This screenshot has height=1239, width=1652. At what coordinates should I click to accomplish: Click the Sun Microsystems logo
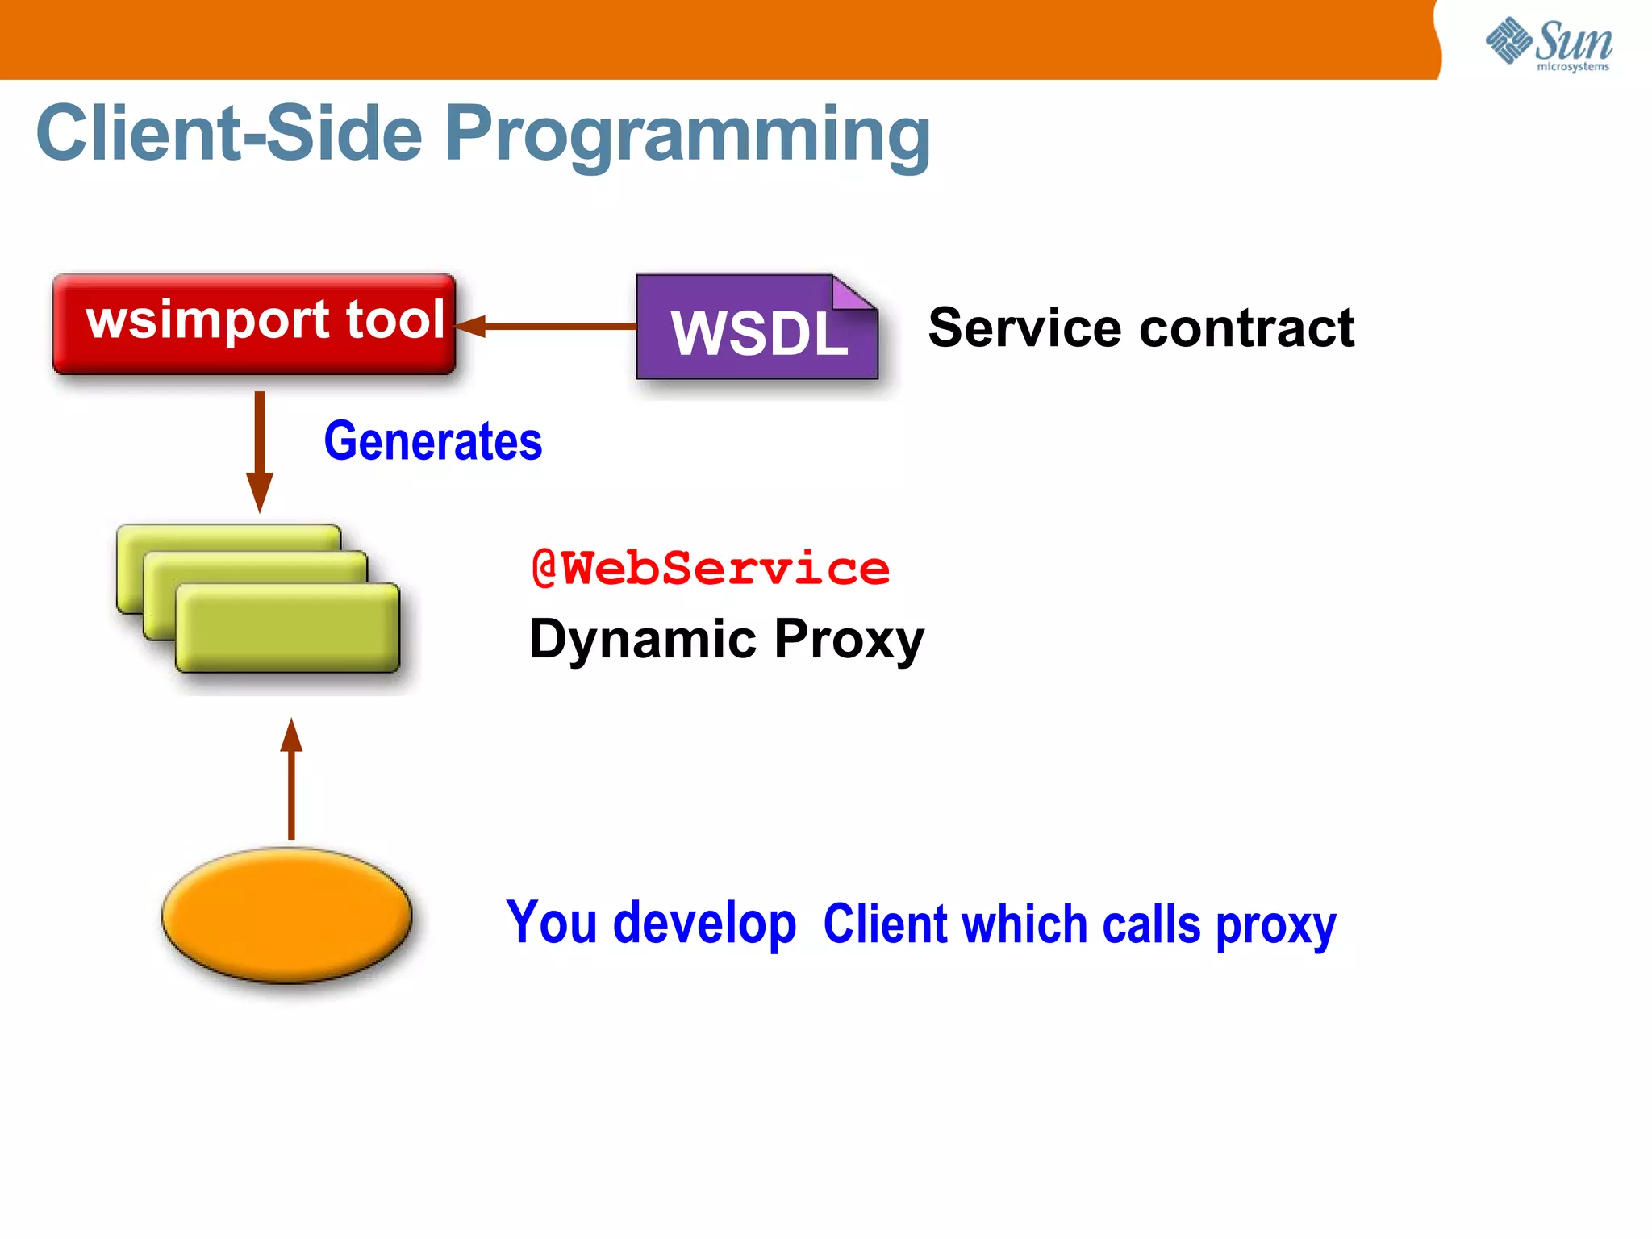coord(1549,44)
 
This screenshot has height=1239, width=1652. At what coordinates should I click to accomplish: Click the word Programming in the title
coord(687,136)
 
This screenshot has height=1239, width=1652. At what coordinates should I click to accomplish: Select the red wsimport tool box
coord(254,323)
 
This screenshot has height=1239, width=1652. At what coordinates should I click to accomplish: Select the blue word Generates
coord(433,441)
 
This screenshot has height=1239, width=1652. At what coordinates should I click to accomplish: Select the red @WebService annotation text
coord(710,569)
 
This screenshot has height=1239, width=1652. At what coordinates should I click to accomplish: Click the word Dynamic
coord(642,639)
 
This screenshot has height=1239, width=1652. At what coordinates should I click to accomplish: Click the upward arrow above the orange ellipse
coord(291,778)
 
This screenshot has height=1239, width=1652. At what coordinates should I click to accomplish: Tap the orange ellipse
coord(287,916)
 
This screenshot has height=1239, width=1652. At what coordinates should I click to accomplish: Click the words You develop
coord(650,923)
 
